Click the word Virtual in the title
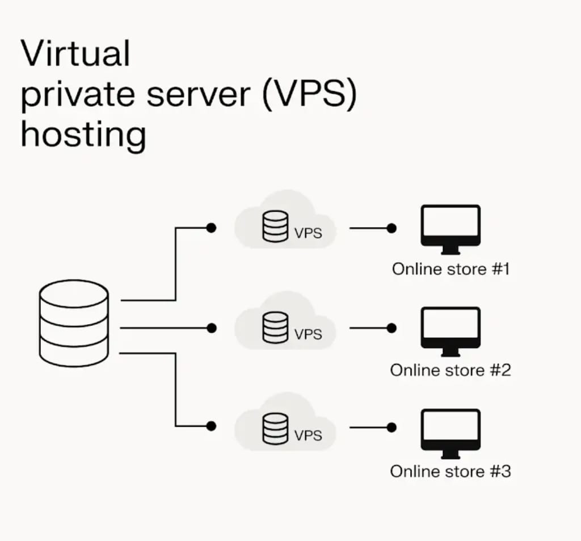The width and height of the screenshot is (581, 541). (x=75, y=54)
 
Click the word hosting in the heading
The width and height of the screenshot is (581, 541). (x=83, y=135)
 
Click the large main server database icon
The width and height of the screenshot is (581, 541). (x=74, y=325)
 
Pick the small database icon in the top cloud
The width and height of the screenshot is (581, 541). (x=275, y=228)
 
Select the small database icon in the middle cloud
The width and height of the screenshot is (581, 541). (x=275, y=328)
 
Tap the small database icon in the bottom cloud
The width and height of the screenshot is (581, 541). (x=275, y=429)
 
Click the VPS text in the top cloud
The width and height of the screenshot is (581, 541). (x=308, y=233)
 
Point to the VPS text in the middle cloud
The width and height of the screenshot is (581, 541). (x=308, y=334)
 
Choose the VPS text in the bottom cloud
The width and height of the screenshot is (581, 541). (x=308, y=435)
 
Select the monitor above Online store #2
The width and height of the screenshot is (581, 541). (x=451, y=331)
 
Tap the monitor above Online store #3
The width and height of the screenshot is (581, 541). (x=451, y=432)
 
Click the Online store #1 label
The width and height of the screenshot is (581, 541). (x=451, y=269)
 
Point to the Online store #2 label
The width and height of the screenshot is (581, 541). (x=451, y=370)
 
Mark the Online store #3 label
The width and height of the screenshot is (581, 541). (x=451, y=471)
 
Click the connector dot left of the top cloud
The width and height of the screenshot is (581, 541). (x=211, y=228)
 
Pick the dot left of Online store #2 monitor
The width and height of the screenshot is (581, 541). (x=390, y=328)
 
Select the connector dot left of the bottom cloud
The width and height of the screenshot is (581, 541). (x=211, y=426)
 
